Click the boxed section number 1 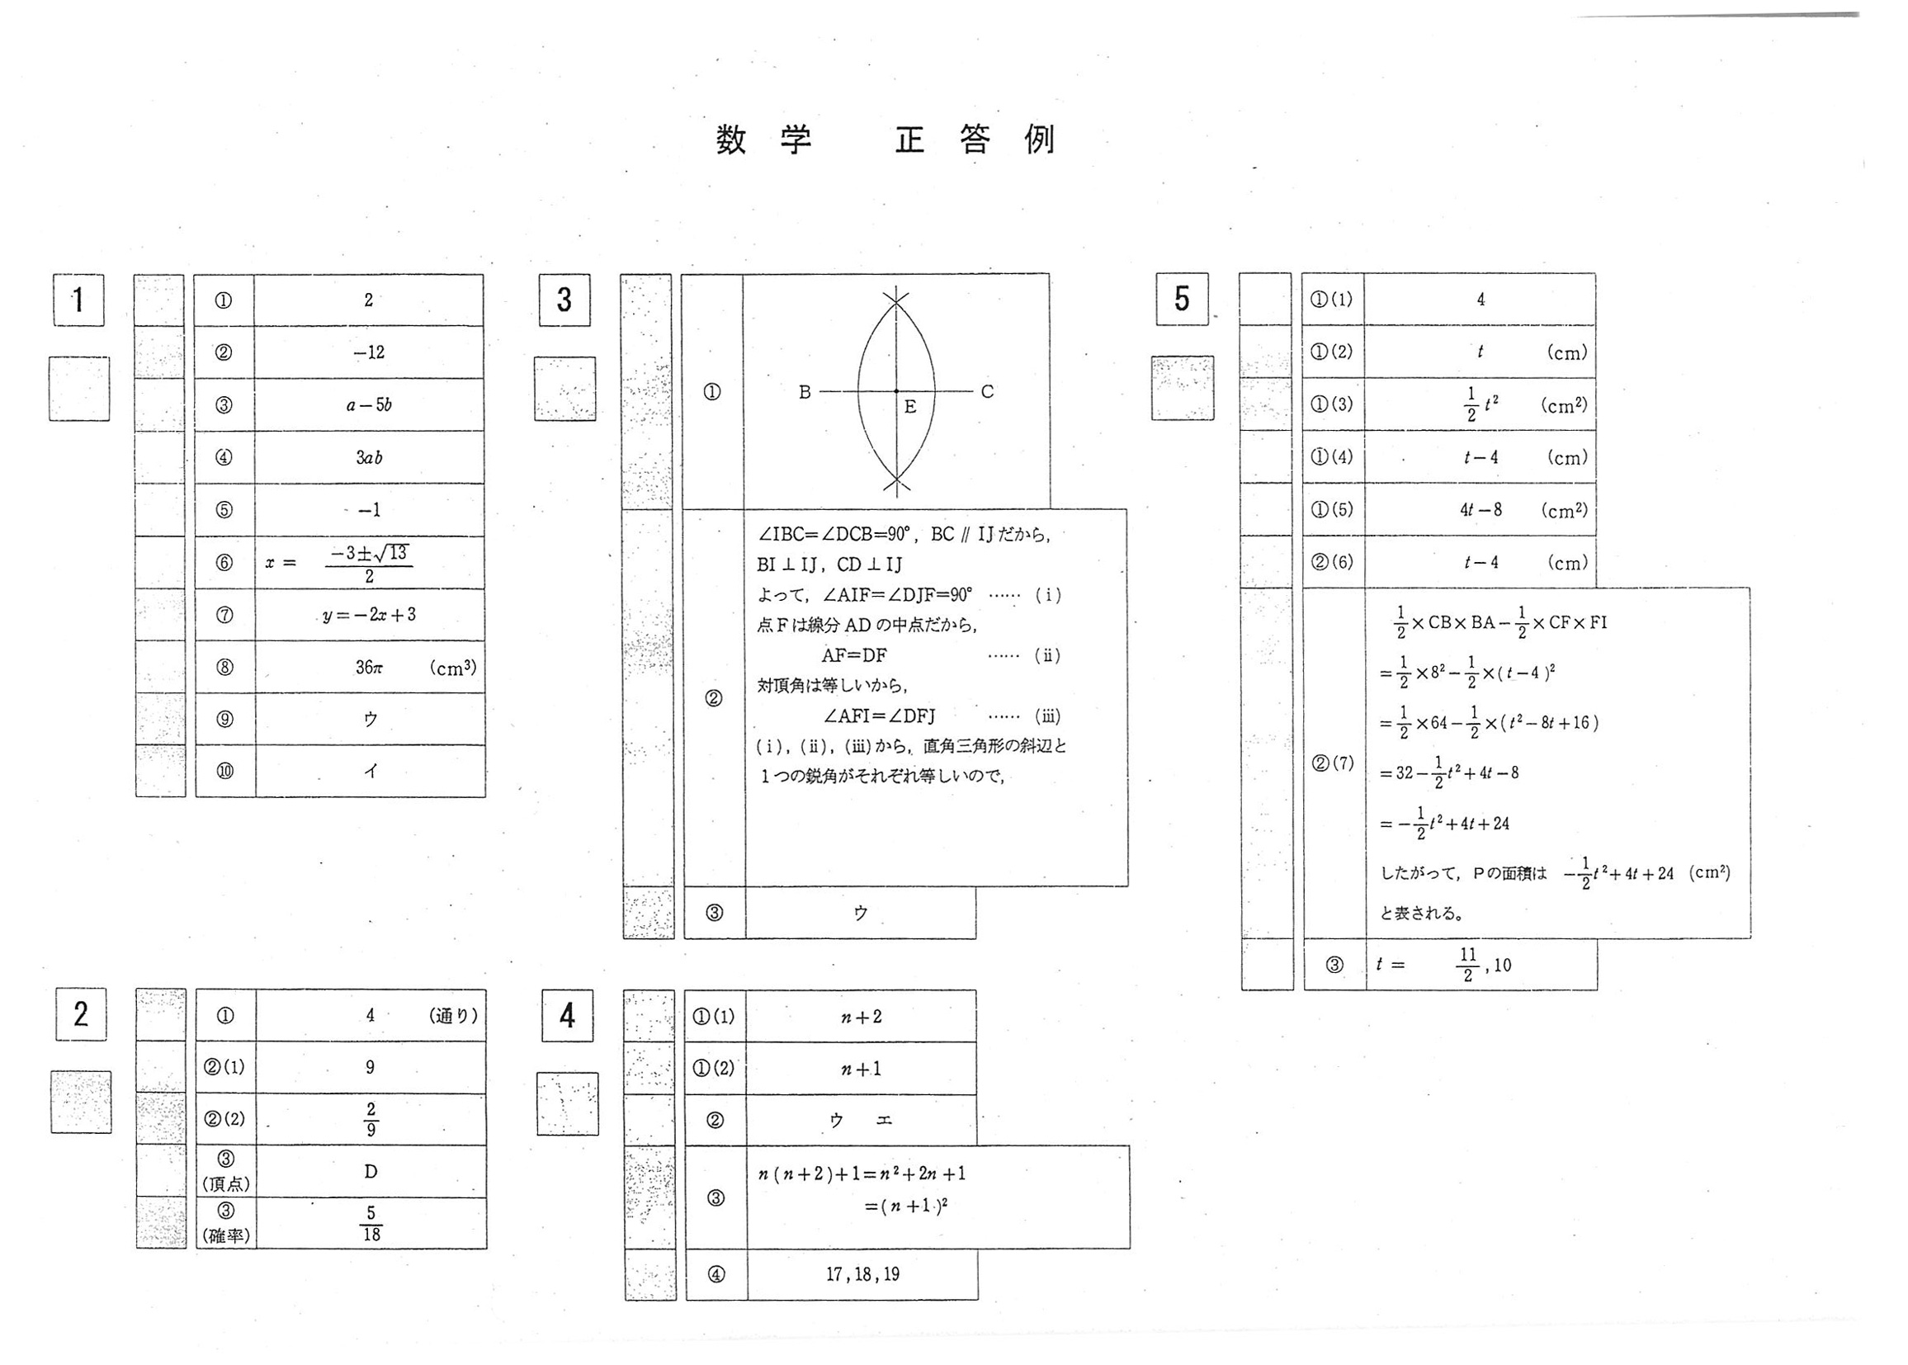[78, 300]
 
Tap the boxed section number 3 [564, 300]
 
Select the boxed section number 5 [1181, 299]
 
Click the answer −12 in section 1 [369, 352]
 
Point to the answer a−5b [369, 405]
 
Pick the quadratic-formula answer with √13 [369, 563]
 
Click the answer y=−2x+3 [369, 615]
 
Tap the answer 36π [369, 668]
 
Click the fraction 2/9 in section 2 [371, 1119]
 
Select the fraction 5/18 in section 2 [371, 1223]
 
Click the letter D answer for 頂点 [371, 1171]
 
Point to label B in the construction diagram [805, 392]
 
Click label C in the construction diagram [987, 392]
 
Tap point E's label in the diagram [910, 408]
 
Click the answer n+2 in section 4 [862, 1017]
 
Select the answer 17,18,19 [862, 1274]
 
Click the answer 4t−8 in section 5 [1481, 509]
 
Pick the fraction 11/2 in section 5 [1467, 965]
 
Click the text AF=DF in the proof [854, 654]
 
